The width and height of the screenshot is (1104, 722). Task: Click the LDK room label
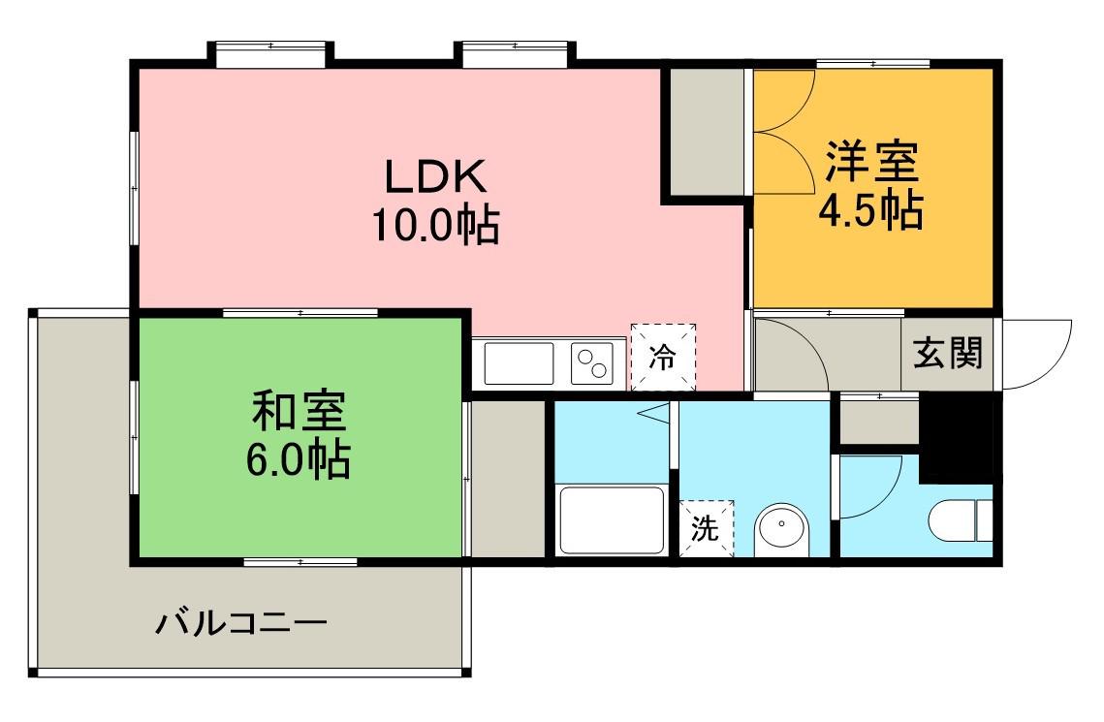click(433, 176)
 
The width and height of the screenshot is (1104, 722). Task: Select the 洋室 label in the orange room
click(870, 162)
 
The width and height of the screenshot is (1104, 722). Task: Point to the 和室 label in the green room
click(298, 412)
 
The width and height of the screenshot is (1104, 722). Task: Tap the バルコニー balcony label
click(241, 620)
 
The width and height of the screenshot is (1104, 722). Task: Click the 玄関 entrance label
click(948, 355)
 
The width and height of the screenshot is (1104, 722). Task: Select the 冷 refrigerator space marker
click(664, 358)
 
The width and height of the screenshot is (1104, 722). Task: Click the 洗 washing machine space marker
click(706, 529)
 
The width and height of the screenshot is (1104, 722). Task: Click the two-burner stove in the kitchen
click(595, 363)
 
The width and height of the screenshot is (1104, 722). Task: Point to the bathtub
click(611, 519)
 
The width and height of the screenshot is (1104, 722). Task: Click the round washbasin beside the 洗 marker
click(780, 529)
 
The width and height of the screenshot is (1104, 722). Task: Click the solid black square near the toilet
click(956, 438)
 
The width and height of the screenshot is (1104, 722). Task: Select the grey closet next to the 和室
click(507, 477)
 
